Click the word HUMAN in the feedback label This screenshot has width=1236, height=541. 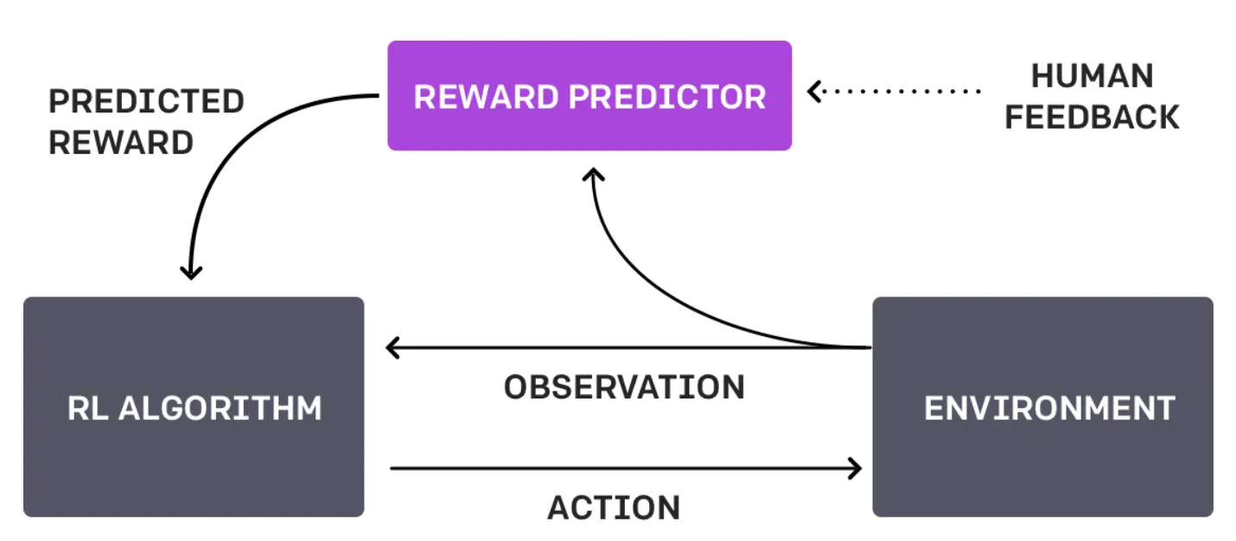(x=1092, y=76)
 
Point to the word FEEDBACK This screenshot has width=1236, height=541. (x=1092, y=117)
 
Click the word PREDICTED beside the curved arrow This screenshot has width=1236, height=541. (x=146, y=101)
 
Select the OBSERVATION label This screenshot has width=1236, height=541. (x=624, y=387)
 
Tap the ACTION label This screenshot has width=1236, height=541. (x=614, y=507)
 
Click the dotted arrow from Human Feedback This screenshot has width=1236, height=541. (x=899, y=90)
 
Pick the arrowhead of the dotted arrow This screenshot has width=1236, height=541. (x=814, y=90)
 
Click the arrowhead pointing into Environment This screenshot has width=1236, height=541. (x=856, y=468)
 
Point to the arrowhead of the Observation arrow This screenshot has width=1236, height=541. (x=392, y=348)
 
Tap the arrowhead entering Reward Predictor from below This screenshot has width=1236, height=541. (x=592, y=175)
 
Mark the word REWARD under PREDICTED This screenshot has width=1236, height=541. (x=121, y=142)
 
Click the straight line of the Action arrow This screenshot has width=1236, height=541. (x=622, y=468)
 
